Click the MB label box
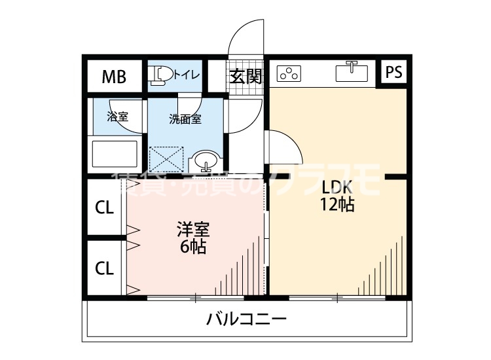113,77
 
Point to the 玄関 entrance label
245,76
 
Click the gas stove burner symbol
288,74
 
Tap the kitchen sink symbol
352,71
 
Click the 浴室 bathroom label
117,117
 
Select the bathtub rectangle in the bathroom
115,152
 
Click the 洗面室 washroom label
185,119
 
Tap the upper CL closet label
105,208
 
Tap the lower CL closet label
105,268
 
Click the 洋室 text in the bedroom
193,230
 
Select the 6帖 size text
193,247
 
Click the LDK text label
337,186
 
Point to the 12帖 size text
337,204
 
